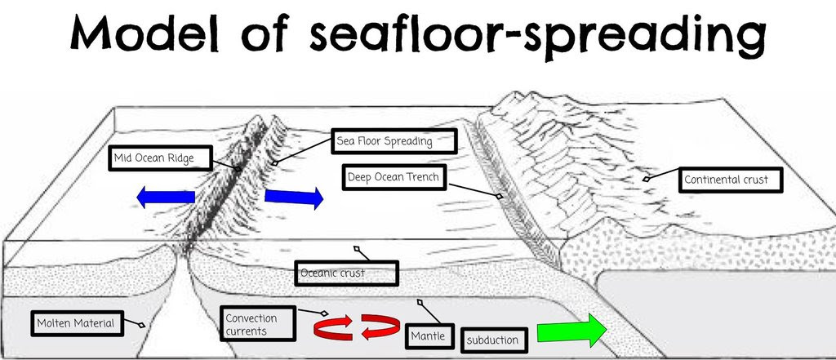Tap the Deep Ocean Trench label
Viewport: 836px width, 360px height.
(394, 177)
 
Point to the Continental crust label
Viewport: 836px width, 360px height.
(725, 180)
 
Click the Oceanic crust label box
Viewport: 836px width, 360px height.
(346, 273)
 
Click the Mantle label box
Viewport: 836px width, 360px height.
(429, 333)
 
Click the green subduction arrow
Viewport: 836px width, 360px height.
(575, 331)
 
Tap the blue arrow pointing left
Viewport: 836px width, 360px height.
(165, 198)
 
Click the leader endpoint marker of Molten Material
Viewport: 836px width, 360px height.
(142, 326)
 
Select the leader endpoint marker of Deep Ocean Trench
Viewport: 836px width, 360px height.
(500, 198)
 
